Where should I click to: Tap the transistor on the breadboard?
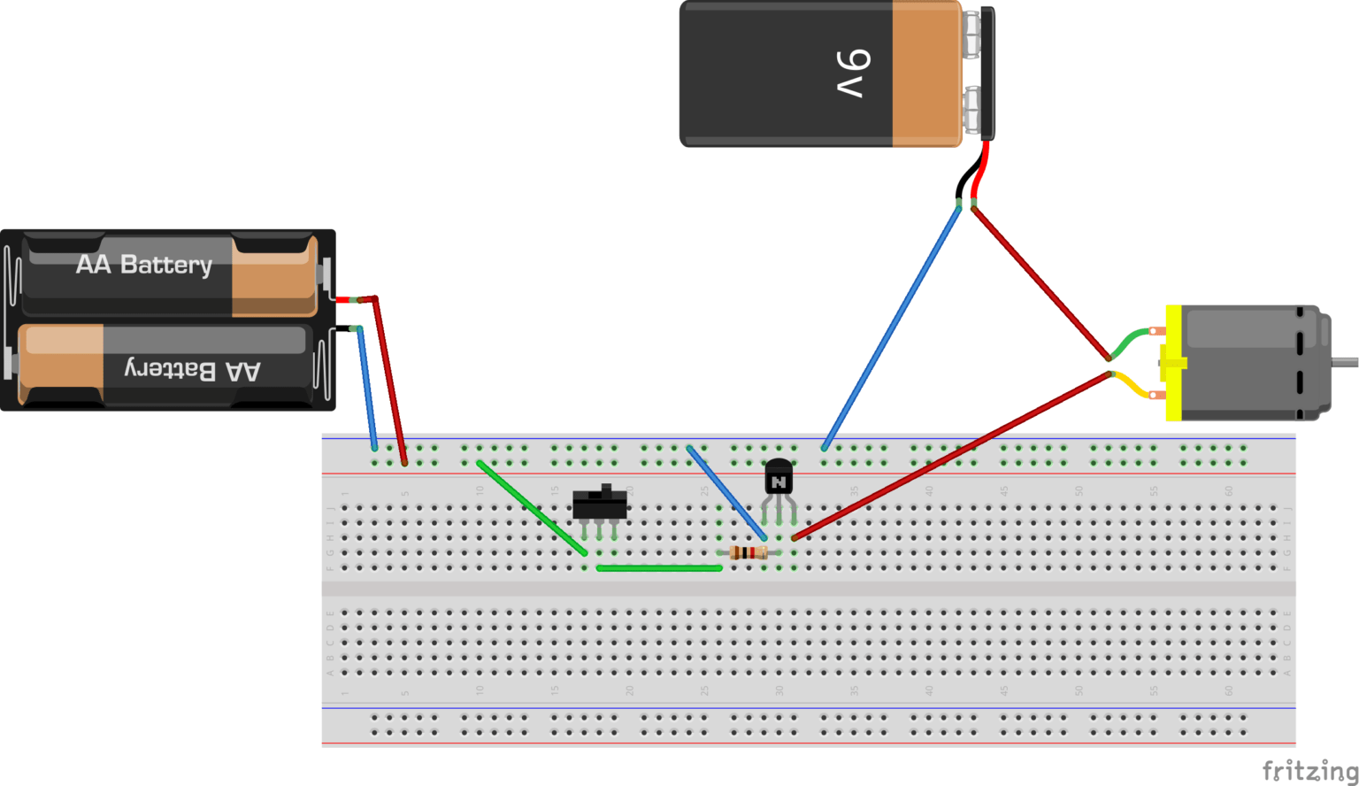click(778, 481)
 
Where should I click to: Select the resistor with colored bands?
click(749, 553)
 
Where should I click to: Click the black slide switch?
click(600, 505)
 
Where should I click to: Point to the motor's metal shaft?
click(1345, 362)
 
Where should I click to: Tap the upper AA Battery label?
click(144, 265)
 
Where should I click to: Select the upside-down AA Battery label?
click(193, 370)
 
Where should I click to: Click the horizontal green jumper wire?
click(659, 568)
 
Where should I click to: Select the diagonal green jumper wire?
click(531, 507)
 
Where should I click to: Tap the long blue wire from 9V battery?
click(892, 327)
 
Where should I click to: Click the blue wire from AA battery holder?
click(367, 389)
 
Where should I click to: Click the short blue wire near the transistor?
click(726, 492)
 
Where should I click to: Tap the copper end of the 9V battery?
click(925, 73)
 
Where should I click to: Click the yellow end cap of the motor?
click(1173, 363)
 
